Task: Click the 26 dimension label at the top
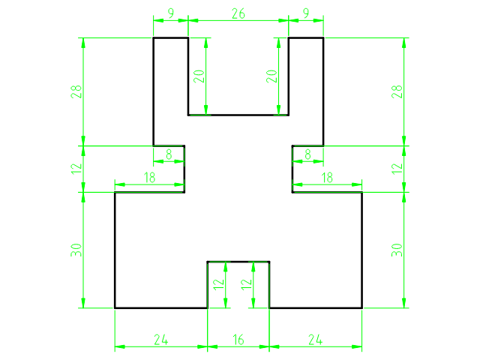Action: coord(238,13)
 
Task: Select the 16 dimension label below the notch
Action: coord(238,340)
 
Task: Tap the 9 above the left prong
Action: coord(171,13)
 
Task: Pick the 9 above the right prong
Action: coord(306,13)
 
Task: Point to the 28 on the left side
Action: coord(76,91)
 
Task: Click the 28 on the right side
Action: coord(397,91)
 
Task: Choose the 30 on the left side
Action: coord(76,250)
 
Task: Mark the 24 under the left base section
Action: coord(161,340)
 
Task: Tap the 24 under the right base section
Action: coord(315,340)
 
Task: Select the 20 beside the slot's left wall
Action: coord(199,76)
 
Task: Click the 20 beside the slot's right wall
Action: coord(271,76)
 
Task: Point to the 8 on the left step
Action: coord(169,154)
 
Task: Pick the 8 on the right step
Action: coord(307,154)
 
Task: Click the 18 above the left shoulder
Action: coord(149,178)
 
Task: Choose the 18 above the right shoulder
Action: coord(327,178)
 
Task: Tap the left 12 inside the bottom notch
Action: coord(218,284)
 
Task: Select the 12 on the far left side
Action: coord(76,169)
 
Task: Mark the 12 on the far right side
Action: coord(397,169)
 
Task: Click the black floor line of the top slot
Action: coord(238,115)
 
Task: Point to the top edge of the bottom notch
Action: coord(238,262)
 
